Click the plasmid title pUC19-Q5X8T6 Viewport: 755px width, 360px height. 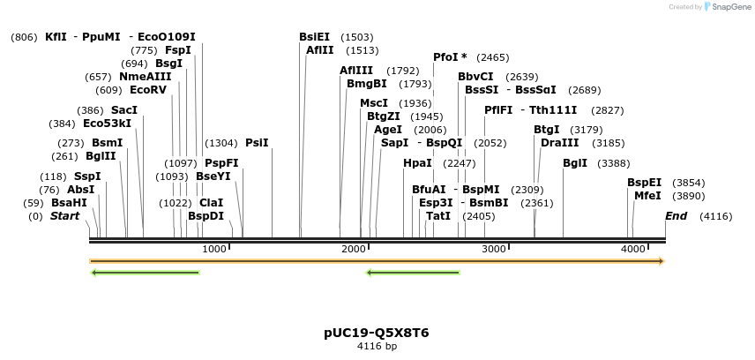[377, 333]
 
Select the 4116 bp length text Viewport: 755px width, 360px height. [377, 346]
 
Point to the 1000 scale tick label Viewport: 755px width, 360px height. [214, 250]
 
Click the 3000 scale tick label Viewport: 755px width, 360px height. [492, 250]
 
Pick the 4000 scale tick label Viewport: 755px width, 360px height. [632, 250]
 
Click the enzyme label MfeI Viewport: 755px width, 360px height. [647, 196]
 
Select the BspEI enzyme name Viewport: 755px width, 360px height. [644, 183]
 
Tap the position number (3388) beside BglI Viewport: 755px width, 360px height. [614, 163]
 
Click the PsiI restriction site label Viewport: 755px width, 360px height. [257, 142]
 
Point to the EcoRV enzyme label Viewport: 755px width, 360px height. [147, 90]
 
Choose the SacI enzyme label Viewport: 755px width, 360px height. [124, 110]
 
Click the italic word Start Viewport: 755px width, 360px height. [64, 216]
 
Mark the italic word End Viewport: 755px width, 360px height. [677, 216]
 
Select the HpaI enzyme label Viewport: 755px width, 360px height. [417, 163]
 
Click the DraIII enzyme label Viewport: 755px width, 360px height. [559, 142]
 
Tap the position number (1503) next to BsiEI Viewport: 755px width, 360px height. [356, 37]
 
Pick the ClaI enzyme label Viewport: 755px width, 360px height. [212, 202]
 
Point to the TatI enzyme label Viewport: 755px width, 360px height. [437, 216]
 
